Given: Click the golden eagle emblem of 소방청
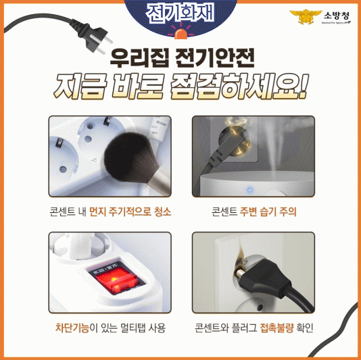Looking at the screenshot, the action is (306, 17).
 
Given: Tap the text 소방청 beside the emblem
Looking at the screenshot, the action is (337, 16).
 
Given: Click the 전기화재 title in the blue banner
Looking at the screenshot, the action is (180, 14).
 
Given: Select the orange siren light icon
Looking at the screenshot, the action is (180, 33).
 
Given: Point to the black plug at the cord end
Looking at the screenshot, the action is (95, 37).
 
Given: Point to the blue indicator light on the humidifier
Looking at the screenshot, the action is (250, 190).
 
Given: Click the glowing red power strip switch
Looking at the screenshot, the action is (116, 280).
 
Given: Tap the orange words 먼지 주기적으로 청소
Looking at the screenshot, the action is (130, 211).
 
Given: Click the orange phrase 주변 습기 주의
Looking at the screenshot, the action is (268, 211).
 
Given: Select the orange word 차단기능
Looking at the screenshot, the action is (72, 328).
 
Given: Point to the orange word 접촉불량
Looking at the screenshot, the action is (277, 328).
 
